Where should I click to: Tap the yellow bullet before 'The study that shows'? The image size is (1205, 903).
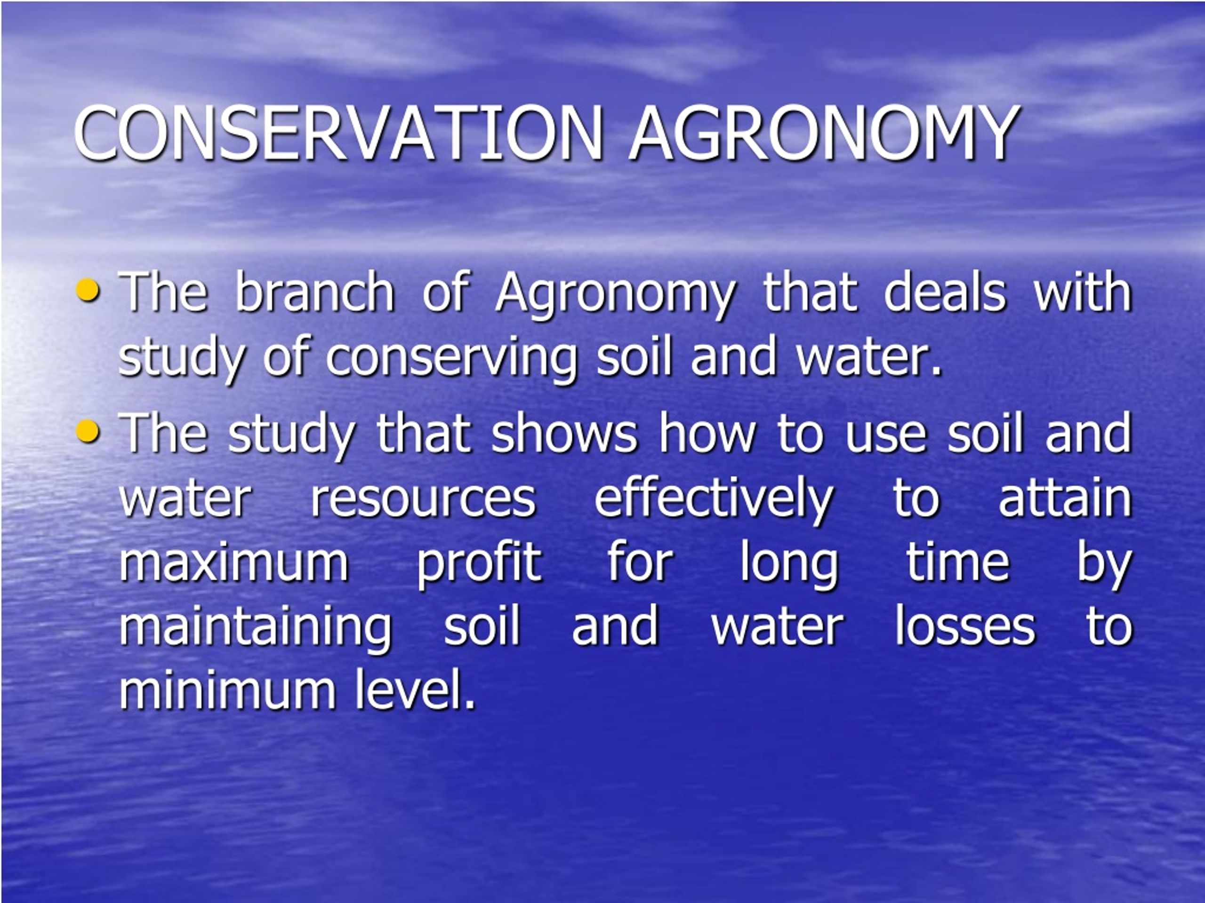pos(88,432)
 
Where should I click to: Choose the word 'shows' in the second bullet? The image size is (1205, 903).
pos(564,434)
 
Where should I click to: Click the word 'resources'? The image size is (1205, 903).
pos(423,499)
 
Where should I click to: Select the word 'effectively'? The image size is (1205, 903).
pos(714,499)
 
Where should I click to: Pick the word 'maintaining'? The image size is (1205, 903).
pos(256,626)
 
